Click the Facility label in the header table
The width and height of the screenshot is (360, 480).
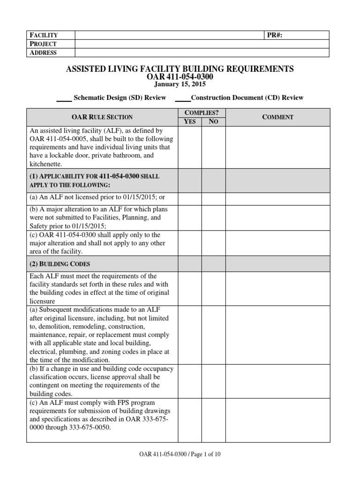coord(44,35)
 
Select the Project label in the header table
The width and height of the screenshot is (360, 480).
coord(44,44)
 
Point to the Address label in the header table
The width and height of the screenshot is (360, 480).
coord(44,53)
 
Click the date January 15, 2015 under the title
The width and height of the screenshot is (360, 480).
coord(180,84)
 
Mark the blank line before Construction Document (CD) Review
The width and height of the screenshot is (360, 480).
coord(182,99)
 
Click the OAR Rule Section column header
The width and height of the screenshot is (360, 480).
coord(102,117)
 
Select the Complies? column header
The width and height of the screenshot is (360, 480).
coord(202,112)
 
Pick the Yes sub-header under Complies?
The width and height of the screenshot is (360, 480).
coord(190,122)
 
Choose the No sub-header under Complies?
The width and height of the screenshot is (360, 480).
coord(213,122)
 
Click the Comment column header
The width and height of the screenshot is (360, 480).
coord(277,117)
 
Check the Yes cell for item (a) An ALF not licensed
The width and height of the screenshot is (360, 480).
coord(190,199)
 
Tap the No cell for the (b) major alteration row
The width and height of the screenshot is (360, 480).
coord(213,217)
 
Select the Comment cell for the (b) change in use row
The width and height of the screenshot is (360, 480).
coord(277,382)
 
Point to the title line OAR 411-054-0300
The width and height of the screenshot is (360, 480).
coord(180,77)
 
